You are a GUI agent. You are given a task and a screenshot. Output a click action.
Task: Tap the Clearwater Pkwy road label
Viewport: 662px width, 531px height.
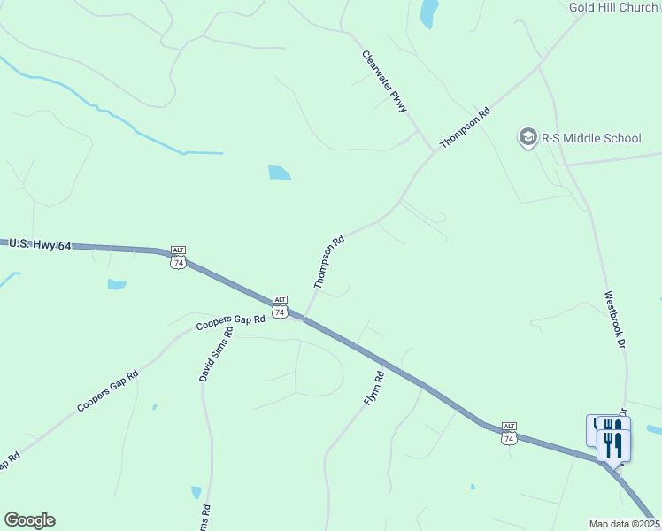(x=384, y=81)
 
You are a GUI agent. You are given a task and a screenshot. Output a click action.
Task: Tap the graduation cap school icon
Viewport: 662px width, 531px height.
(x=527, y=138)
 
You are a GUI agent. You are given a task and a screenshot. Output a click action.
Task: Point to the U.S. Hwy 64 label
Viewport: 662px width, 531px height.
(x=39, y=244)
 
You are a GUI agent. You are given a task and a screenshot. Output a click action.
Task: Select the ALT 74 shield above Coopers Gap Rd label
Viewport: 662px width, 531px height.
(x=280, y=306)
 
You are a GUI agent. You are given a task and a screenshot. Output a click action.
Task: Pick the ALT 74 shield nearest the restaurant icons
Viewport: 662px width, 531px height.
(x=508, y=433)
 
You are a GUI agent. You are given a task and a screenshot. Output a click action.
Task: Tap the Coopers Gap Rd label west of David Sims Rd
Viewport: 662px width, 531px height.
(x=108, y=390)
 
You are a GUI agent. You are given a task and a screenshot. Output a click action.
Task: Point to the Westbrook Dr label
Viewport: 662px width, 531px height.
(x=615, y=319)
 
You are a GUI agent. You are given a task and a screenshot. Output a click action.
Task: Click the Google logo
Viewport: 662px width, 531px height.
(x=29, y=520)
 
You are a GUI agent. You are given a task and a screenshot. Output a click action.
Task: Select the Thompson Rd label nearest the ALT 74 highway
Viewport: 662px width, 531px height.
(x=328, y=262)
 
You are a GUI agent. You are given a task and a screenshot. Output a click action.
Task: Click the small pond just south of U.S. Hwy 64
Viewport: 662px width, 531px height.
(x=117, y=285)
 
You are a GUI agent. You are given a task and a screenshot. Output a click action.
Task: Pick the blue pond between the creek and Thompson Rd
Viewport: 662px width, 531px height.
(x=280, y=172)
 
